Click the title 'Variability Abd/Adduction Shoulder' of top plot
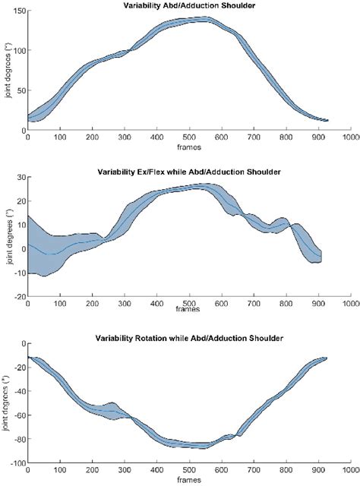[x=189, y=6]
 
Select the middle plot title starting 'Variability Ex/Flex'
[x=189, y=172]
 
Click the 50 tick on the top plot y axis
[x=19, y=90]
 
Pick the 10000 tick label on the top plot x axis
[x=349, y=137]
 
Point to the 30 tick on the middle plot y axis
[x=19, y=178]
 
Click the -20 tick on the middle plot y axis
[x=17, y=296]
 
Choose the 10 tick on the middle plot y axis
[x=19, y=217]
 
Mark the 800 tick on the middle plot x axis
[x=286, y=303]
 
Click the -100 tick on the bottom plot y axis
[x=15, y=462]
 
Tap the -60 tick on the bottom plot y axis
[x=17, y=415]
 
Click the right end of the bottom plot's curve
[x=327, y=358]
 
